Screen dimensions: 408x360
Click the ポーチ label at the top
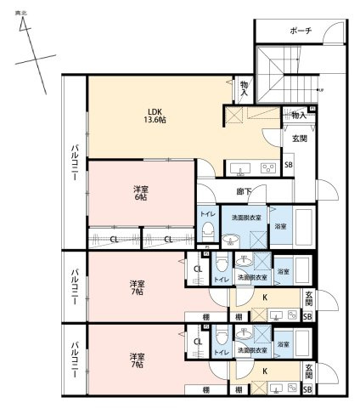tap(300, 30)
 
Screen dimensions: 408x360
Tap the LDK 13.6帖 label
tap(155, 116)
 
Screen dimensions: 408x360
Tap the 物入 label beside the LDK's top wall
tap(245, 88)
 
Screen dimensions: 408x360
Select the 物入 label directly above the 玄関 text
tap(298, 114)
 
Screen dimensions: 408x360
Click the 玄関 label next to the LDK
tap(300, 139)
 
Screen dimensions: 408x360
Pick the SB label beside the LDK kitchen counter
tap(289, 165)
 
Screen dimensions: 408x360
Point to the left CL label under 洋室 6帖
tap(114, 240)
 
